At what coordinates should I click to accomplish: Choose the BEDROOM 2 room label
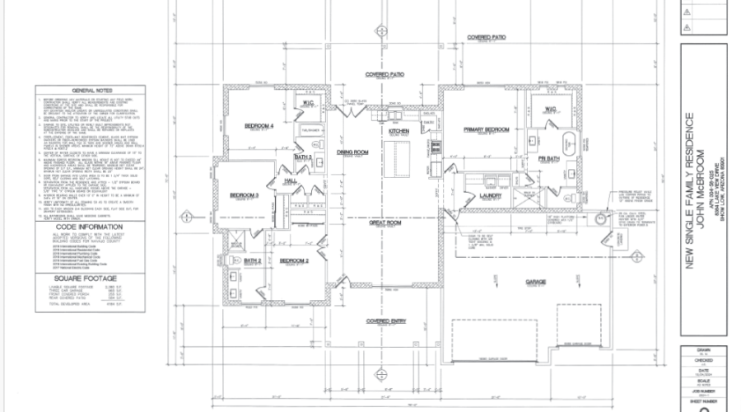(x=294, y=260)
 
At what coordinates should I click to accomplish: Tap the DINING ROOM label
(x=352, y=152)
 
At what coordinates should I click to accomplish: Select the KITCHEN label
(x=399, y=131)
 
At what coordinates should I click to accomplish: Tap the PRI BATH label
(x=549, y=158)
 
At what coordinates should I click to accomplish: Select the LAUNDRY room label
(x=492, y=195)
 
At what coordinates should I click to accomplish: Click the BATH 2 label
(x=253, y=260)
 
